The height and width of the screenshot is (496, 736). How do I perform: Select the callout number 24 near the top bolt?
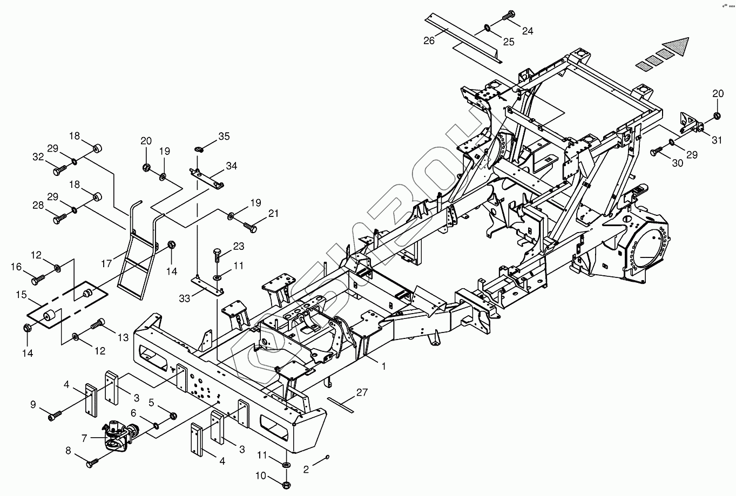[x=527, y=31]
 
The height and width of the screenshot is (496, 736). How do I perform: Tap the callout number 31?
[x=717, y=140]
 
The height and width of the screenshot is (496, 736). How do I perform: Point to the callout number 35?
[x=224, y=137]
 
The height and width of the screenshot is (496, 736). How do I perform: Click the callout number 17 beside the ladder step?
[x=106, y=264]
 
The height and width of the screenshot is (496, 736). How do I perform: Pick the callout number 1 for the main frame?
[x=383, y=366]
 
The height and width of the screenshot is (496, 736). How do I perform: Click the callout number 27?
[x=361, y=393]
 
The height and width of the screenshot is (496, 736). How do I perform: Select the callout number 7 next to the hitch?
[x=84, y=439]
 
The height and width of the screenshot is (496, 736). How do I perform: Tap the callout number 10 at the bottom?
[x=261, y=476]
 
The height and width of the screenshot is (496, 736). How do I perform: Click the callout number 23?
[x=238, y=247]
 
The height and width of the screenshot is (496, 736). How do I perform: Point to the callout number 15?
[x=21, y=295]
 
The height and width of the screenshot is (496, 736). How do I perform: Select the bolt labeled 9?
[x=55, y=416]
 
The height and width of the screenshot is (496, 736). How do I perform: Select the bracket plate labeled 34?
[x=207, y=178]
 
